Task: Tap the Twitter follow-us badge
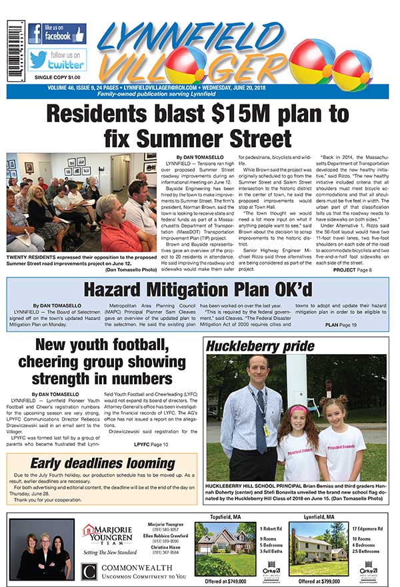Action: pyautogui.click(x=57, y=60)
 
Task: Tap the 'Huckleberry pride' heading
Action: pyautogui.click(x=260, y=346)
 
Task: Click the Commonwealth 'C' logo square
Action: pyautogui.click(x=90, y=571)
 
